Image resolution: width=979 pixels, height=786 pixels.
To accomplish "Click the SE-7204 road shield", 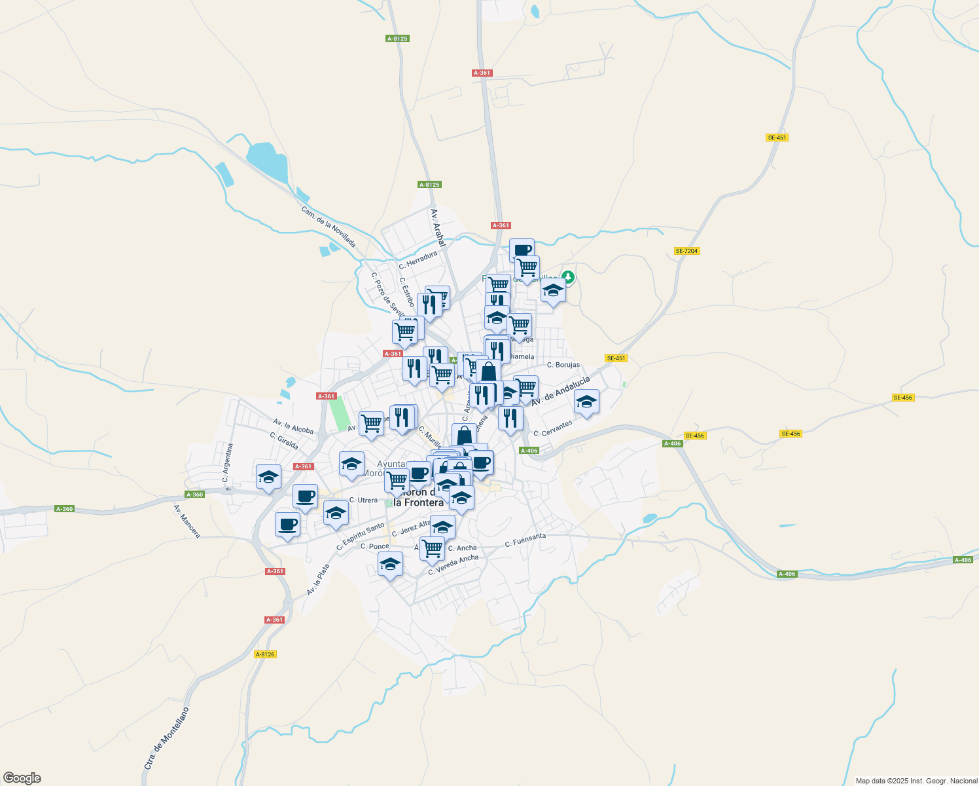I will pos(686,251).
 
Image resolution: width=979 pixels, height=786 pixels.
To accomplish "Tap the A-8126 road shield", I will pos(265,654).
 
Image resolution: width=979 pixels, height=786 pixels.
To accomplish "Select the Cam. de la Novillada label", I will pos(329,227).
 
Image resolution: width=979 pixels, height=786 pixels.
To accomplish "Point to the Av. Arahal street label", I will pos(437,227).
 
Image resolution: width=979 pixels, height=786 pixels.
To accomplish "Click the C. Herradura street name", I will pos(418,260).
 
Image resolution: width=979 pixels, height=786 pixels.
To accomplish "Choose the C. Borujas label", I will pos(563,365).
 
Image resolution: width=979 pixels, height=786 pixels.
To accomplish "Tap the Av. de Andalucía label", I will pos(560,391).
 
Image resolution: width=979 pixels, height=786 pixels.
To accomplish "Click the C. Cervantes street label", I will pos(552,428).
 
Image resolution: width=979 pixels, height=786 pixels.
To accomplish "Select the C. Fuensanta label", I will pos(525,540).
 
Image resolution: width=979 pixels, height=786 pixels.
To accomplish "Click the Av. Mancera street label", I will pos(187,521).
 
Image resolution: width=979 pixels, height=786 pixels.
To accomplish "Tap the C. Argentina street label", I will pos(227,462).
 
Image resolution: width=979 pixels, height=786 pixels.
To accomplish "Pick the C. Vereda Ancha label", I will pos(453,565).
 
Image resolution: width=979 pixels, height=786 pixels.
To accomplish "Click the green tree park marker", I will pos(568,278).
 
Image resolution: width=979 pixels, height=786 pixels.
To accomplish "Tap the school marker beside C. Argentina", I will pos(268,477).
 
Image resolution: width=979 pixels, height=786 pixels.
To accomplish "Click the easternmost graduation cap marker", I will pos(586,402).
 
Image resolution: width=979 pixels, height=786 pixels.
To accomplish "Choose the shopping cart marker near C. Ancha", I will pos(432,548).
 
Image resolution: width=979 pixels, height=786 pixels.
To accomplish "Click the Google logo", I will pos(22,778).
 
